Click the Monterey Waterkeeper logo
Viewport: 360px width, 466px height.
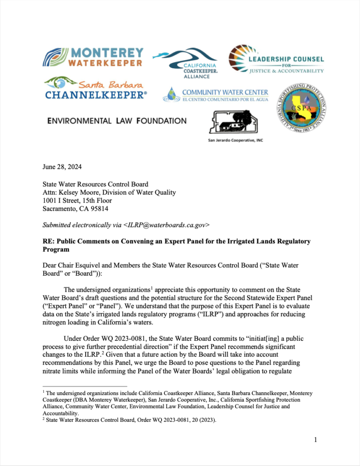93,57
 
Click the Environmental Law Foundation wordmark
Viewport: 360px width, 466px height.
117,121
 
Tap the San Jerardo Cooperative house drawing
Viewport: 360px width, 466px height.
230,122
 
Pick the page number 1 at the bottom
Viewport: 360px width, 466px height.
315,440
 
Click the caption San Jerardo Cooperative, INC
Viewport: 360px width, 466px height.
235,140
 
